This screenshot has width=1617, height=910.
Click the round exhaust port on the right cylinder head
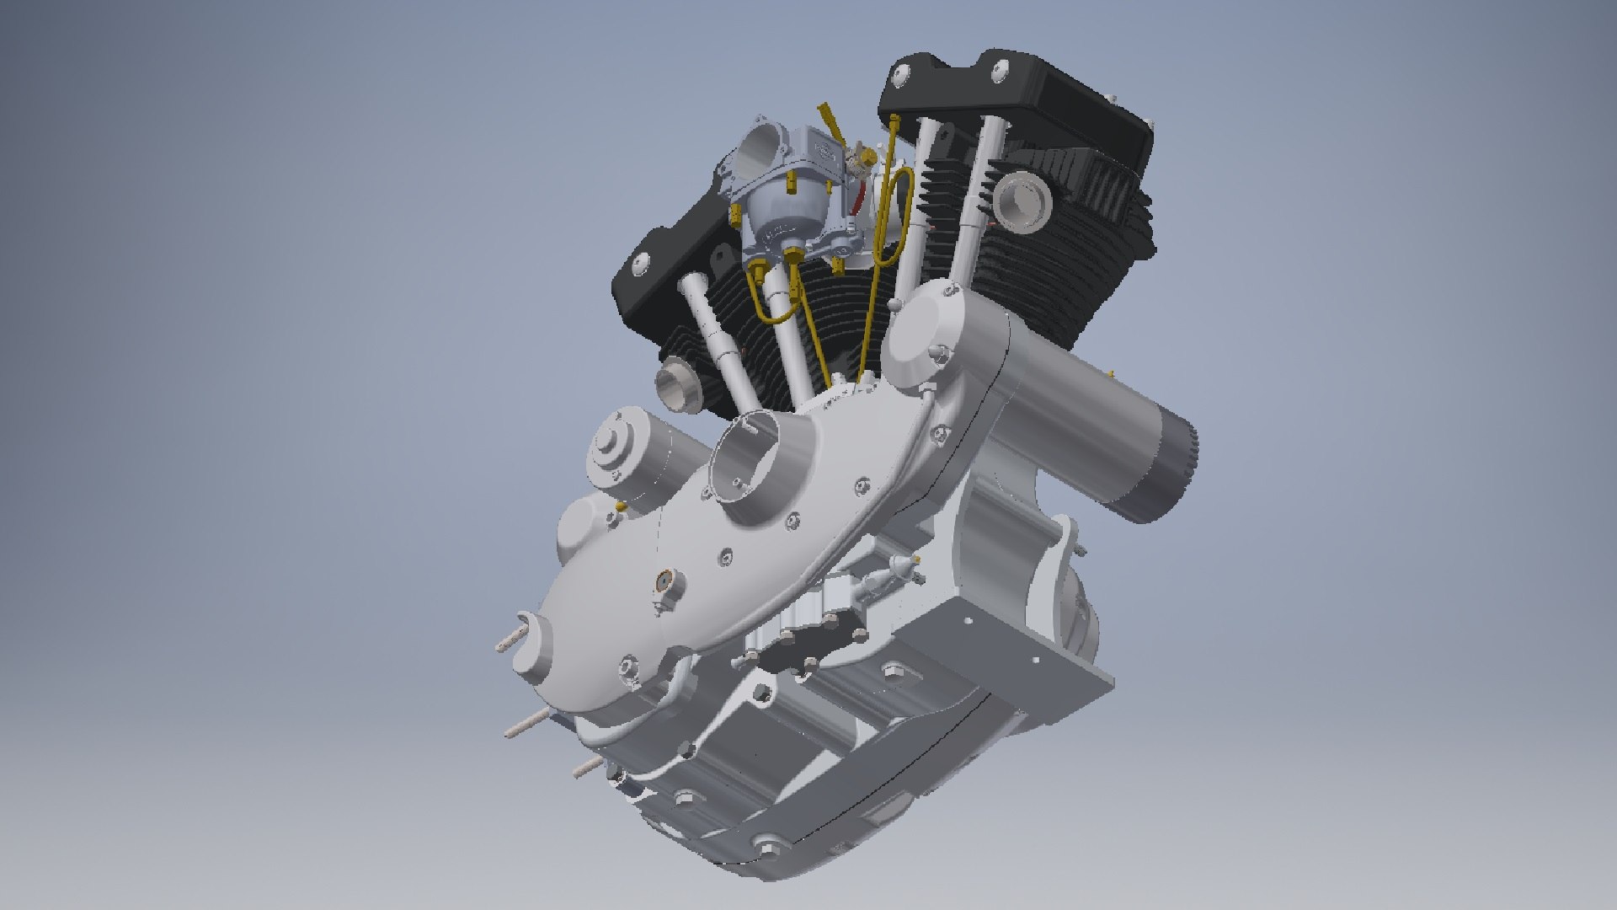pyautogui.click(x=1020, y=202)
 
